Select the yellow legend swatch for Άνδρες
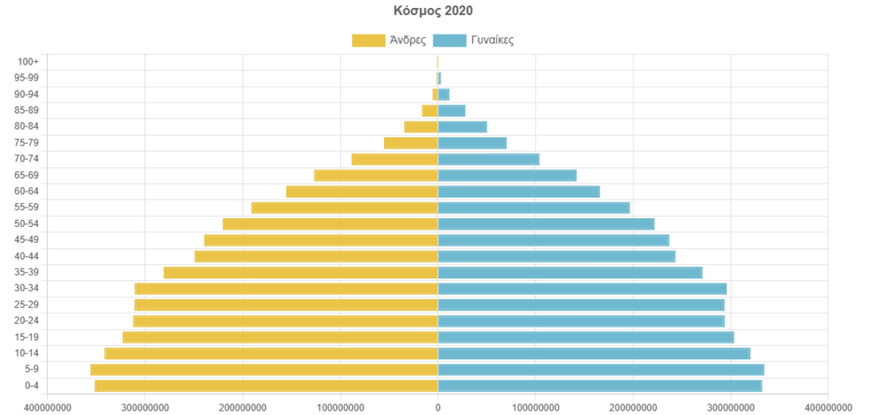368,40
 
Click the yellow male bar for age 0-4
265,386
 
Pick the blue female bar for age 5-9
601,369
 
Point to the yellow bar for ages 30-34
286,289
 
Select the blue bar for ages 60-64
519,192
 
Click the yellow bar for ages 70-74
394,159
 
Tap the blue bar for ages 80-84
462,126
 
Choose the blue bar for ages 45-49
553,240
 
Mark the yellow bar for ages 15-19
280,337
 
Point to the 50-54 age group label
27,223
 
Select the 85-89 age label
27,110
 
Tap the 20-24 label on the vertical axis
27,321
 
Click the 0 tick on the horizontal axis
438,407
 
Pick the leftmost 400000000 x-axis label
49,407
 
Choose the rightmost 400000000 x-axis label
827,407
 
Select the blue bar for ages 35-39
570,272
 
